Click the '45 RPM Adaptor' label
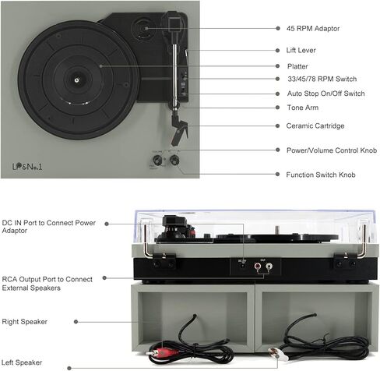click(313, 28)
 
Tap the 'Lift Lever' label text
click(301, 50)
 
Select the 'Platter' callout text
click(297, 66)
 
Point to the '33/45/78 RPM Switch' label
click(322, 79)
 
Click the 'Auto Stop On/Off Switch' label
click(325, 94)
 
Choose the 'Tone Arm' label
click(303, 108)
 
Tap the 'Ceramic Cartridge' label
click(315, 125)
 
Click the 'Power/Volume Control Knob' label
click(332, 150)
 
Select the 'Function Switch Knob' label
click(321, 175)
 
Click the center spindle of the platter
click(76, 80)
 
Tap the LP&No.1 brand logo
click(27, 166)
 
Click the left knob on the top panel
click(157, 160)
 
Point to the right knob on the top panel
click(174, 160)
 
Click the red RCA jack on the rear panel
click(258, 266)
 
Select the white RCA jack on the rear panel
click(269, 266)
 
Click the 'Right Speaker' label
click(24, 322)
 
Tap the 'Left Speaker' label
click(22, 362)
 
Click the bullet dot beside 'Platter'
click(277, 66)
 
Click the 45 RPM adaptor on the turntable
click(143, 29)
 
